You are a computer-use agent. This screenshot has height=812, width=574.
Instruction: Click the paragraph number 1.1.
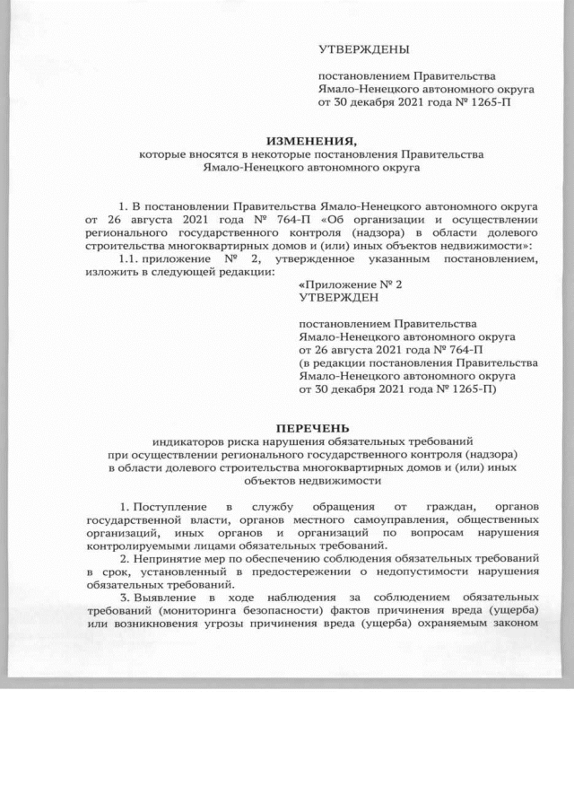click(117, 258)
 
